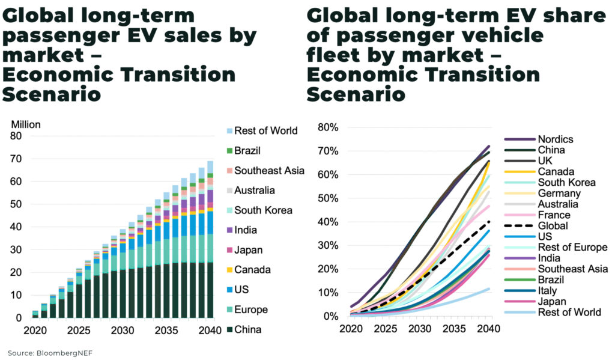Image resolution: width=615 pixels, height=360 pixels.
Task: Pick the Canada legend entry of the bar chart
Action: click(252, 270)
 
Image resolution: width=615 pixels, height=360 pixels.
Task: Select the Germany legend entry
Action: click(559, 194)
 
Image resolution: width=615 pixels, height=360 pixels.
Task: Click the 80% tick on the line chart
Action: click(329, 127)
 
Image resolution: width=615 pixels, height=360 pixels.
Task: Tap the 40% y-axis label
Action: click(329, 222)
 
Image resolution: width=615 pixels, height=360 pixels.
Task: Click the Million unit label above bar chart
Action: click(25, 125)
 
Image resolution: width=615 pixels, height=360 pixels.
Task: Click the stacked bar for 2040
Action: click(211, 240)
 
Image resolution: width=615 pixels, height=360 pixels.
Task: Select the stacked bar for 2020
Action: click(35, 313)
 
